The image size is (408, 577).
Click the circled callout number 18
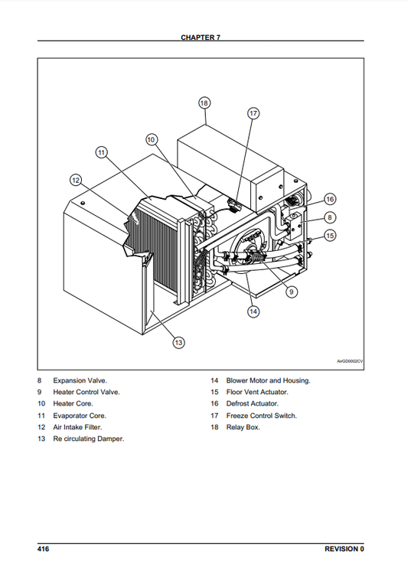pos(204,103)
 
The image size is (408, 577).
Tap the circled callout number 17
pos(253,113)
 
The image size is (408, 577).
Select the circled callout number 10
pos(152,139)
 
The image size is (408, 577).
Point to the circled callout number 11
pos(102,152)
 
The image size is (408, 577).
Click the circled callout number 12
pos(76,180)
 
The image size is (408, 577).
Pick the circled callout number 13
pos(178,343)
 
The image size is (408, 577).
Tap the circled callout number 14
pos(253,311)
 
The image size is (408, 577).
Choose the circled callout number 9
pos(292,292)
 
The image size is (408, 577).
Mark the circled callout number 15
pos(330,236)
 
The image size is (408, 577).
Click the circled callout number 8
pos(330,217)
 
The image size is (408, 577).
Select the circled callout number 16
pos(330,199)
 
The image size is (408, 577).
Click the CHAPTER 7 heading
pos(201,37)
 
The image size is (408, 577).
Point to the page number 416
pos(43,549)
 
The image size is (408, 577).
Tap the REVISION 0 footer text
pos(344,549)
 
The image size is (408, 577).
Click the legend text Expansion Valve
pos(80,380)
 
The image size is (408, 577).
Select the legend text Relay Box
pos(243,427)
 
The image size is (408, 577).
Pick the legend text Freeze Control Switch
pos(262,416)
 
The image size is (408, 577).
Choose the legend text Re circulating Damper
pos(88,438)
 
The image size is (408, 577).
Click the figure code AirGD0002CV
pos(350,361)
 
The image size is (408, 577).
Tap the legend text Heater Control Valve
pos(86,393)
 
